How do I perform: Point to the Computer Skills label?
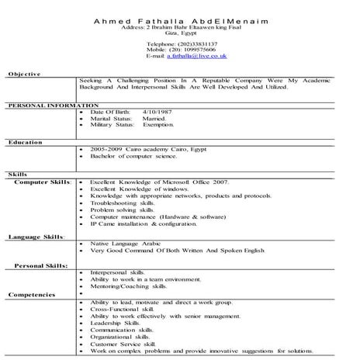pyautogui.click(x=43, y=180)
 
